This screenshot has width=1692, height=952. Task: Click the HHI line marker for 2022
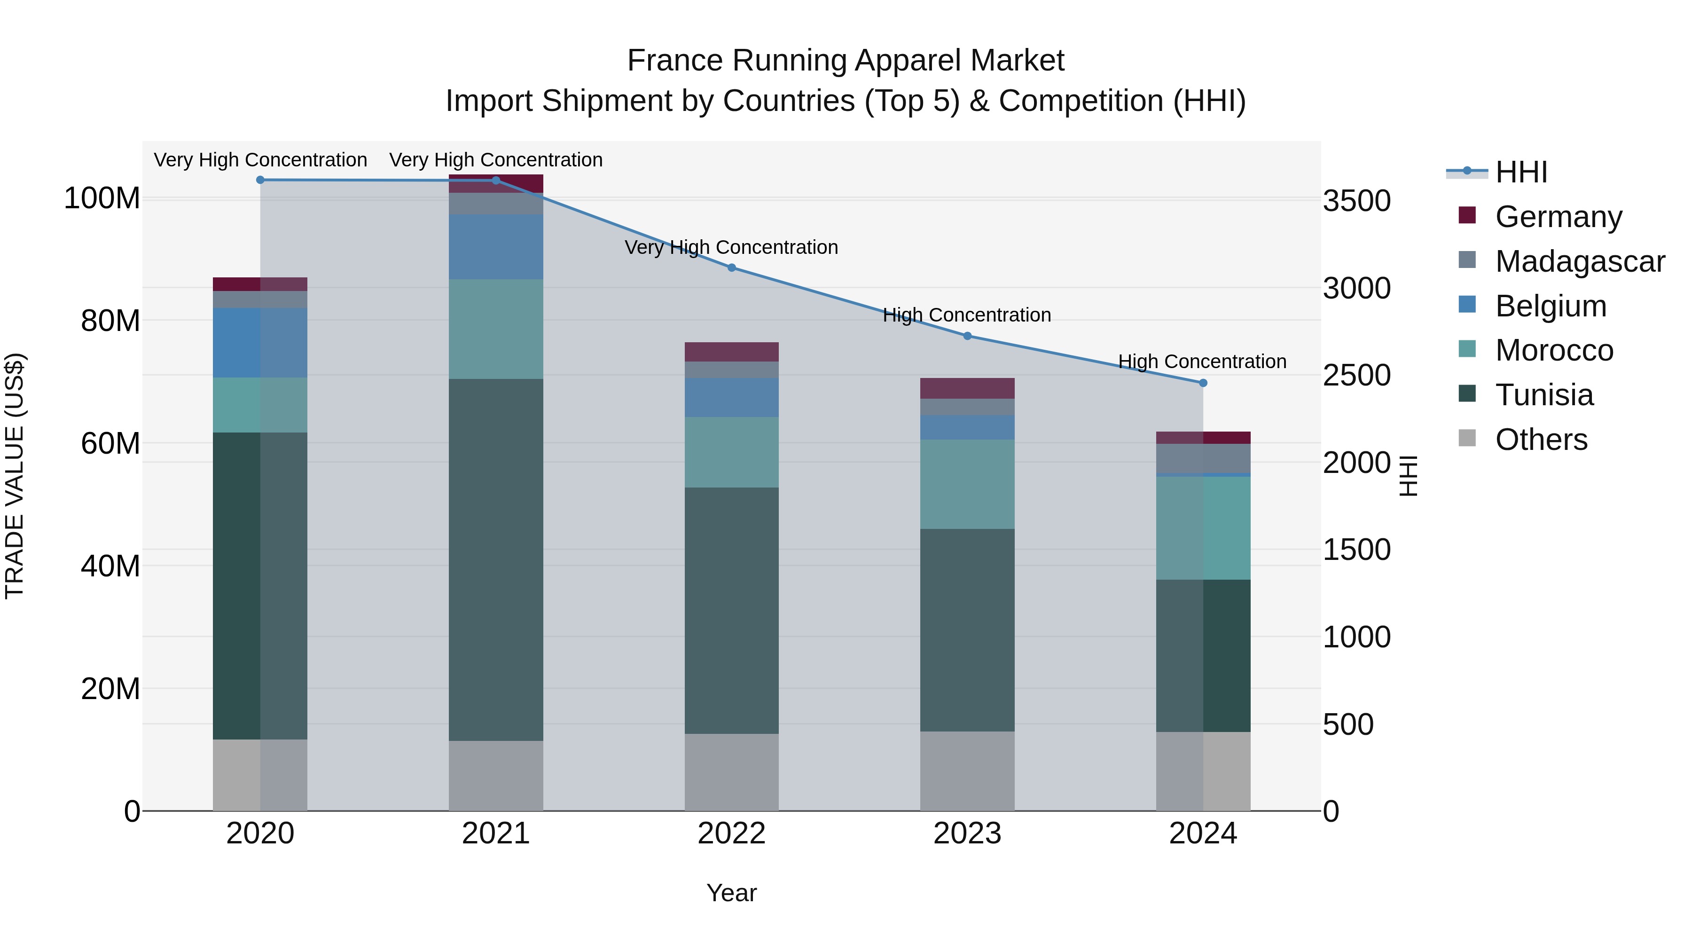click(x=732, y=268)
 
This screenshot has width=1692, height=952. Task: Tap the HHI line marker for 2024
click(x=1203, y=383)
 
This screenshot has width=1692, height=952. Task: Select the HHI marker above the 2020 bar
click(x=260, y=180)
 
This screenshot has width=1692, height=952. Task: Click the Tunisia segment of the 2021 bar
click(x=496, y=559)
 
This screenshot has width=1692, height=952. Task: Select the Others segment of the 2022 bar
click(x=732, y=772)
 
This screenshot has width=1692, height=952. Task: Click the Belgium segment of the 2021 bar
click(x=496, y=246)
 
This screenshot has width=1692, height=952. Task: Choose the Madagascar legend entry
click(x=1579, y=261)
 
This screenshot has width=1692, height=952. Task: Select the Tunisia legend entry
click(x=1543, y=395)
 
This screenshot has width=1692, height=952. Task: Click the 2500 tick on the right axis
click(x=1356, y=376)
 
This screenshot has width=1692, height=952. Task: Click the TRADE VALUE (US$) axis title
click(x=15, y=476)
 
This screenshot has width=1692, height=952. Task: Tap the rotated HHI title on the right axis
click(x=1408, y=476)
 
